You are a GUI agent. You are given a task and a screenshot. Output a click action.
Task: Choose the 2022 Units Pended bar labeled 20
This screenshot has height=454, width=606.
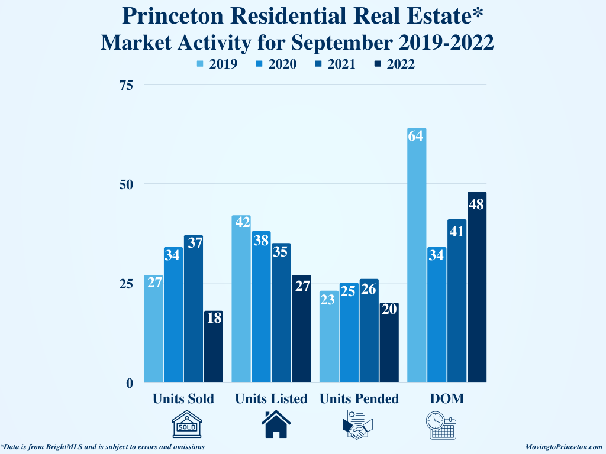pos(389,342)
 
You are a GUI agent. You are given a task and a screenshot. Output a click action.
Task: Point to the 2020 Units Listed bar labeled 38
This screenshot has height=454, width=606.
pos(261,307)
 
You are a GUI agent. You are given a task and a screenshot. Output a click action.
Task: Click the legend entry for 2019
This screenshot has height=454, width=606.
pos(217,64)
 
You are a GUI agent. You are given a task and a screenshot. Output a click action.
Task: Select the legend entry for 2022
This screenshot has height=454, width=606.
pos(394,64)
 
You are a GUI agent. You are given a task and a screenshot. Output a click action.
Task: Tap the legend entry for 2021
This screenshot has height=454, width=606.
pos(335,64)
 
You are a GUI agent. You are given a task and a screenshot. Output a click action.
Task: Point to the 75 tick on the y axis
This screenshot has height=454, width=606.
pos(125,85)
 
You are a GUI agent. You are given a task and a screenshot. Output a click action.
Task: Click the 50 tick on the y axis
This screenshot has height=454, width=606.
pos(125,184)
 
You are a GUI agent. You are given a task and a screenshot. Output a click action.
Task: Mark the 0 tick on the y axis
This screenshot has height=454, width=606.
pos(129,382)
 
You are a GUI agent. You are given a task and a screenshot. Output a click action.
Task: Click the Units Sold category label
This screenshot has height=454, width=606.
pos(183,399)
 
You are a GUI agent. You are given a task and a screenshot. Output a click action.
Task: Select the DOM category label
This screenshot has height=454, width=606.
pos(447,399)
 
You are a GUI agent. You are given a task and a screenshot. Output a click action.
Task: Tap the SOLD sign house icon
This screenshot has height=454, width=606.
pos(186,425)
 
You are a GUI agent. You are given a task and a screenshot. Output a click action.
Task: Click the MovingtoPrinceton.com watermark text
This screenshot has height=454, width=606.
pos(563,447)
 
